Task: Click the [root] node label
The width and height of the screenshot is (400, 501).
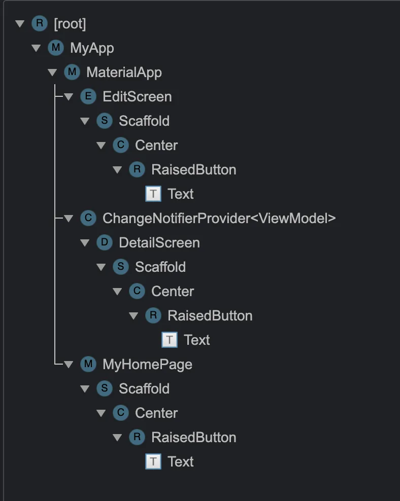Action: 70,24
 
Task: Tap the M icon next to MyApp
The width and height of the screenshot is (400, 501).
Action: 55,48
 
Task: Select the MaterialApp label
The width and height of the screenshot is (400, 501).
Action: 124,73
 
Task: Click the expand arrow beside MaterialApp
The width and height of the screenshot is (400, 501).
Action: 52,73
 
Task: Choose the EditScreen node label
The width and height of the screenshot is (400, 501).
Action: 137,97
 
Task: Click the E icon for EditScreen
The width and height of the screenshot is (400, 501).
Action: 88,97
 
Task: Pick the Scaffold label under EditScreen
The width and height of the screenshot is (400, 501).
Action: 144,121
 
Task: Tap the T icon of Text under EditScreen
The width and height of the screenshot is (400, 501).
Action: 153,194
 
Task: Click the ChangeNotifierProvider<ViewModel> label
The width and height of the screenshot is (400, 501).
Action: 219,219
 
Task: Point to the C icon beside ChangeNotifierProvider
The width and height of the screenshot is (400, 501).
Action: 88,219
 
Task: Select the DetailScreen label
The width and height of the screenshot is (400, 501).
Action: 159,243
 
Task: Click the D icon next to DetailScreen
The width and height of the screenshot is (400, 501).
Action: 104,243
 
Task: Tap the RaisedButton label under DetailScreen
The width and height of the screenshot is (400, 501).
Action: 210,316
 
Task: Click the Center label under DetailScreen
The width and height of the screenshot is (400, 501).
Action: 173,292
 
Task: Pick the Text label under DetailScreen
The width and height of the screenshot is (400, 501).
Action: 197,340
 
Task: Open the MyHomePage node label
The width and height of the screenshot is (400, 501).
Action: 147,365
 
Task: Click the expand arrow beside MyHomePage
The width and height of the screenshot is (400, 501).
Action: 68,365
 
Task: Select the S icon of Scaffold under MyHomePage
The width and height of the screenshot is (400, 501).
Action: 104,389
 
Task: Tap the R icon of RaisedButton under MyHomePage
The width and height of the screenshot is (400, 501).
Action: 137,438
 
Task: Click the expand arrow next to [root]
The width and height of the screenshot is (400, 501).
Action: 19,24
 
